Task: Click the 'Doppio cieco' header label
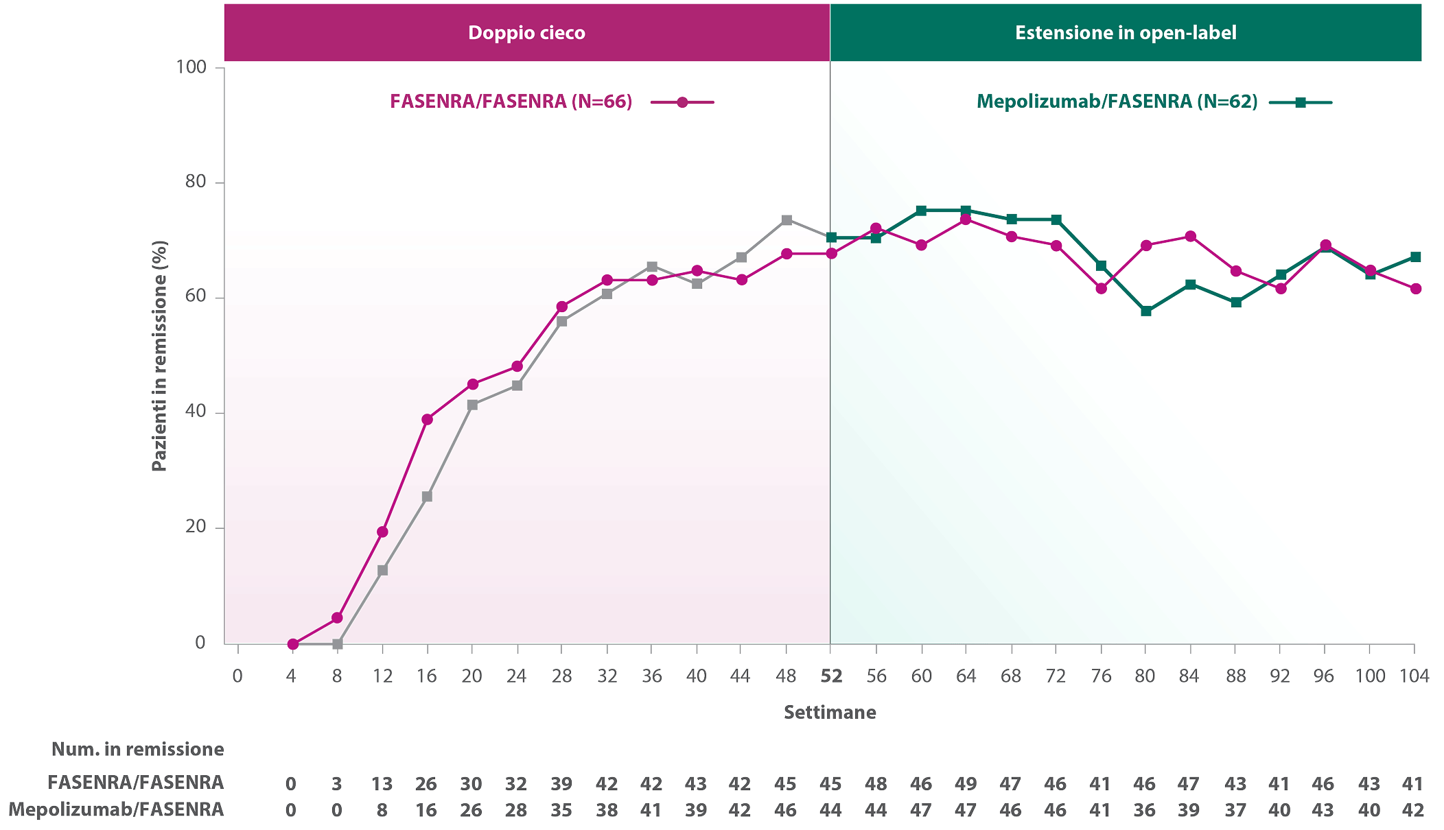coord(526,33)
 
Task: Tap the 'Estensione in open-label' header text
coord(1126,33)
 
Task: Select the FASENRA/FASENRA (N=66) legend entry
coord(552,102)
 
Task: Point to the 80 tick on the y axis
coord(195,182)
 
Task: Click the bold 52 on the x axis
coord(831,676)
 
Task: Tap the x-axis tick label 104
coord(1414,676)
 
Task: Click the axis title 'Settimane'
coord(830,712)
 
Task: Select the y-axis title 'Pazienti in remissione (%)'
coord(159,356)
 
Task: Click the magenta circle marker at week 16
coord(427,419)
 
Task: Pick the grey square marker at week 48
coord(787,220)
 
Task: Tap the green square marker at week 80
coord(1145,311)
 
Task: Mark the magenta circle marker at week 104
coord(1415,289)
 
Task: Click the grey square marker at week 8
coord(337,644)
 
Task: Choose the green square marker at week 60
coord(921,211)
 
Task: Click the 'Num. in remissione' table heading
coord(137,749)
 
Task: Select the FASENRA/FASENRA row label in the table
coord(135,783)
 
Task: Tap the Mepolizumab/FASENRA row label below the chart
coord(116,809)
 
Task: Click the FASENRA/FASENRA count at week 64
coord(966,783)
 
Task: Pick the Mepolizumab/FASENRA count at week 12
coord(382,810)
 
